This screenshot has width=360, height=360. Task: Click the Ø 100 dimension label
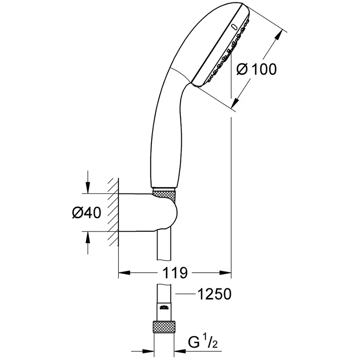pos(256,69)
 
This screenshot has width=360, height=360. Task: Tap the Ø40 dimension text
pos(86,212)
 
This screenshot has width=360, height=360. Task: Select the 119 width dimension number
pos(175,273)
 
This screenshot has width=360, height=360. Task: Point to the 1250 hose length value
pos(214,294)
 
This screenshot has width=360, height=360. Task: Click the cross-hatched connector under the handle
pos(165,195)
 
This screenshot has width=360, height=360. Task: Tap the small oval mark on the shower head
pos(234,27)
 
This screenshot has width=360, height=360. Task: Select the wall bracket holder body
pos(148,212)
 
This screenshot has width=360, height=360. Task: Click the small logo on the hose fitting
pos(164,308)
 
